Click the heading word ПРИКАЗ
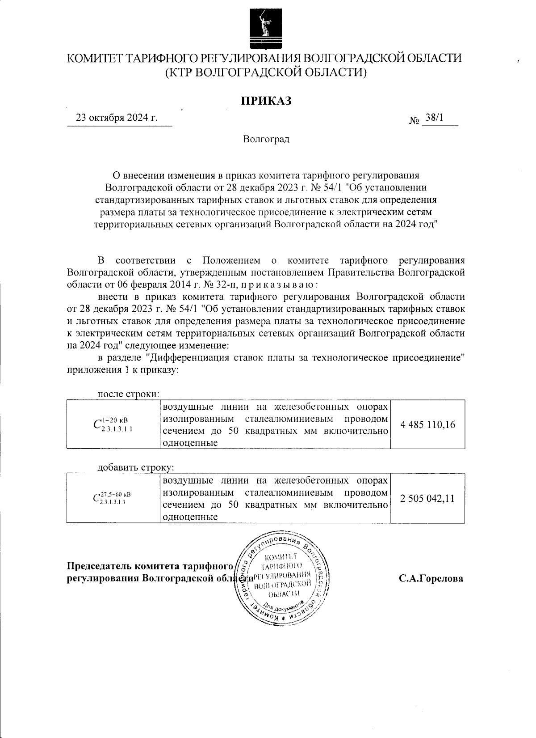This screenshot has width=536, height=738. pos(266,101)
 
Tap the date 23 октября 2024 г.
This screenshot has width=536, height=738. pos(117,118)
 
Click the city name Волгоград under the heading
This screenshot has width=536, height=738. pos(266,139)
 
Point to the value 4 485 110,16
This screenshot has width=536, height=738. pos(428,424)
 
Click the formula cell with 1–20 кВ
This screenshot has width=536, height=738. pos(113,424)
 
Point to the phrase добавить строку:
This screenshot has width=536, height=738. pos(136,468)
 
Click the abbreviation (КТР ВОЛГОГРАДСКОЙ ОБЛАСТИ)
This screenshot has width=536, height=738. pos(266,72)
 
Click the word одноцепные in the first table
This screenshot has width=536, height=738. pos(190,443)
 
